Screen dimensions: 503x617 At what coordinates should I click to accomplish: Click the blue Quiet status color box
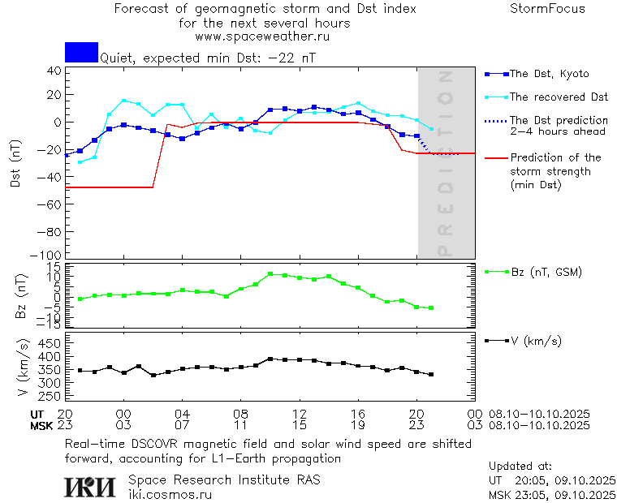click(x=81, y=52)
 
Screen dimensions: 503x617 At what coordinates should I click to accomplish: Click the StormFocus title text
click(x=547, y=9)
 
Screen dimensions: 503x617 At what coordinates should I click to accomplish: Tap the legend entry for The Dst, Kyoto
click(x=549, y=74)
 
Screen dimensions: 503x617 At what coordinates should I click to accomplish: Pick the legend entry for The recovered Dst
click(x=559, y=97)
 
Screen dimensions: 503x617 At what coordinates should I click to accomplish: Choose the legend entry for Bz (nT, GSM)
click(x=546, y=272)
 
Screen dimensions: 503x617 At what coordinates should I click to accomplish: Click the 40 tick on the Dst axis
click(x=54, y=71)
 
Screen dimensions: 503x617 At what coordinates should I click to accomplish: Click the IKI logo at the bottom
click(x=91, y=487)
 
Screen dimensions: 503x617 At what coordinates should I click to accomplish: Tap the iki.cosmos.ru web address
click(x=170, y=494)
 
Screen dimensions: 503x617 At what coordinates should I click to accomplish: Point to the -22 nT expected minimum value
click(x=295, y=58)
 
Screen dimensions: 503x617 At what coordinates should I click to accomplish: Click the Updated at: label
click(x=520, y=466)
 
